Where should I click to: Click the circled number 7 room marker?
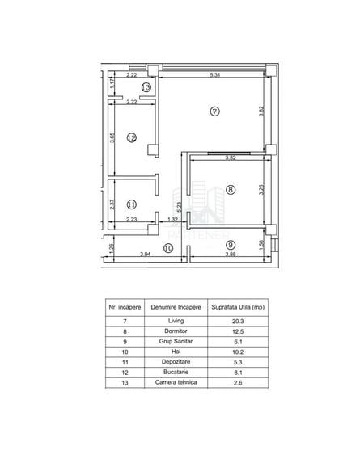[x=214, y=112]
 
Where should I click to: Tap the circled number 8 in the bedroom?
[x=231, y=190]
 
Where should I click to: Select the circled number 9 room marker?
[x=231, y=245]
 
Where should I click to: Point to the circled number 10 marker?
[x=168, y=248]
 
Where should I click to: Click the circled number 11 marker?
[x=132, y=204]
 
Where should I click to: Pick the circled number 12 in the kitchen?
[x=132, y=137]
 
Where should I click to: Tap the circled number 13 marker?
[x=146, y=87]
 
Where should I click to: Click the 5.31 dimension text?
[x=215, y=75]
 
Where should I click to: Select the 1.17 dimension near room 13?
[x=112, y=84]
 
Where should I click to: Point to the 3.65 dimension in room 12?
[x=112, y=137]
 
